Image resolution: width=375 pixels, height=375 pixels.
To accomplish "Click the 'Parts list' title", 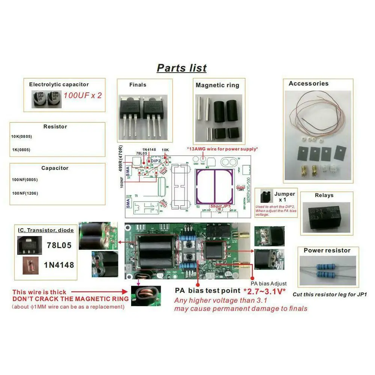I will pos(181,68).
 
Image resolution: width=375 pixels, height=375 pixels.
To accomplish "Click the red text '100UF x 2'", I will pos(82,95).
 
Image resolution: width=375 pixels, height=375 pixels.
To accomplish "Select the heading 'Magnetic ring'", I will pos(217,85).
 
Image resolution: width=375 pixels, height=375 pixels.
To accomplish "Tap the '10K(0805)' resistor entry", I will pos(22,136).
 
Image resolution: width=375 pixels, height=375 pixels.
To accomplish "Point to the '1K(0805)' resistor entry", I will pos(21,150).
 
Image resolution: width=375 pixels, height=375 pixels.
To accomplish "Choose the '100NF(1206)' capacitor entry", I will pos(25,193).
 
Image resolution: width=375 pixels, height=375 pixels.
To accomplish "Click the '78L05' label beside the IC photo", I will pos(59,245).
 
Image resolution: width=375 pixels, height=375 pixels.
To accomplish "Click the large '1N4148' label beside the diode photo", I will pos(59,265).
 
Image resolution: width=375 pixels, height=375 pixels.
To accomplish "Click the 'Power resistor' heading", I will pos(327,250).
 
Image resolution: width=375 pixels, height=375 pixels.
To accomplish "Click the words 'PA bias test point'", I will pos(208,290).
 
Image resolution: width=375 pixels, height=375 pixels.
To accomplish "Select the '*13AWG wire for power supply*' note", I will pos(222,149).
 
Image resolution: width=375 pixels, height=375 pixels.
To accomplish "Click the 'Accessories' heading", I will pos(308,84).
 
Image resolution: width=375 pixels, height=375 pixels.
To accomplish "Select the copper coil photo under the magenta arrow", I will pos(146,296).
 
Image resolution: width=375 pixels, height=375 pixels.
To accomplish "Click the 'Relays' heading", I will pos(324,195).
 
